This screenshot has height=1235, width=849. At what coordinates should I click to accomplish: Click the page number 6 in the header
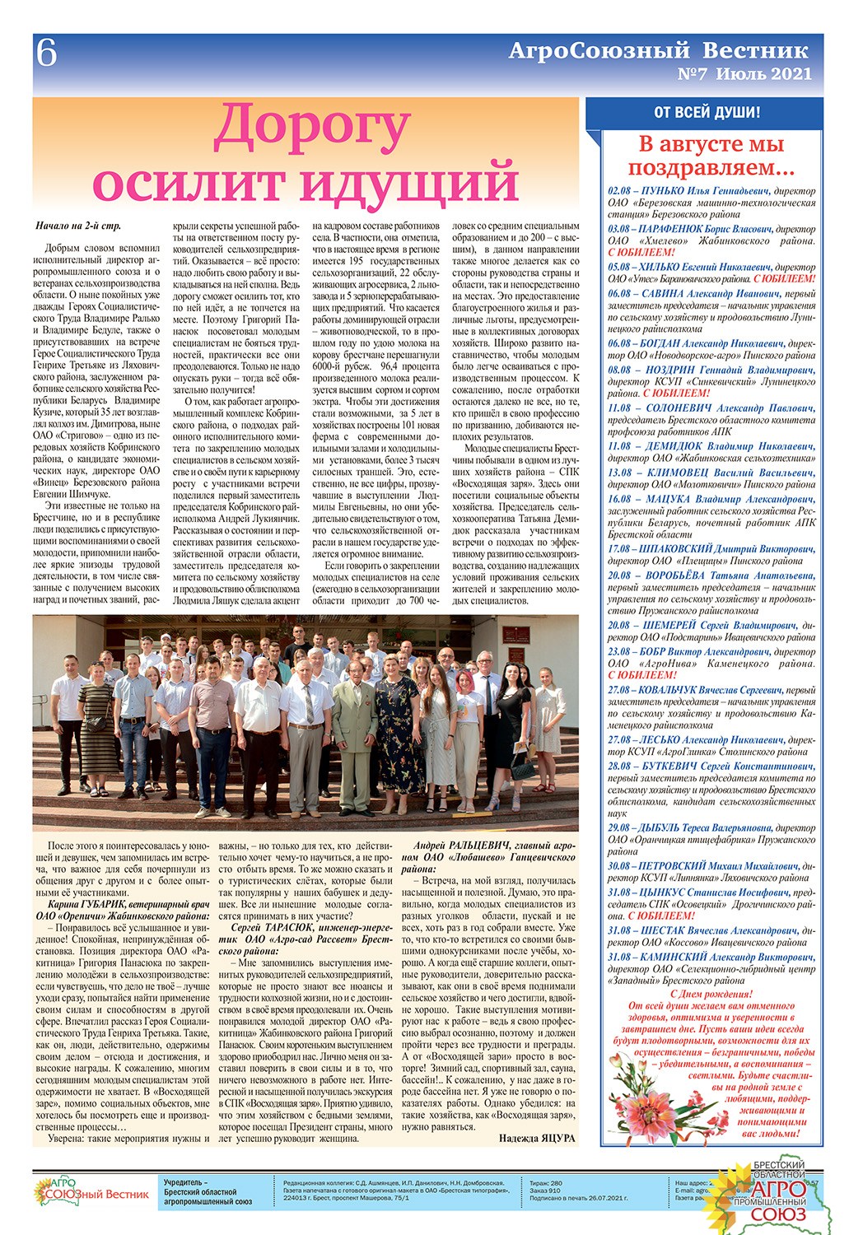[x=47, y=55]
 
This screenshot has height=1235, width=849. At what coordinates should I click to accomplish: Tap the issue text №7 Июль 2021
[x=744, y=74]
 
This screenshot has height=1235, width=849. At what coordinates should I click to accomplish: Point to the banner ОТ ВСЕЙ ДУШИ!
[x=707, y=113]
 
